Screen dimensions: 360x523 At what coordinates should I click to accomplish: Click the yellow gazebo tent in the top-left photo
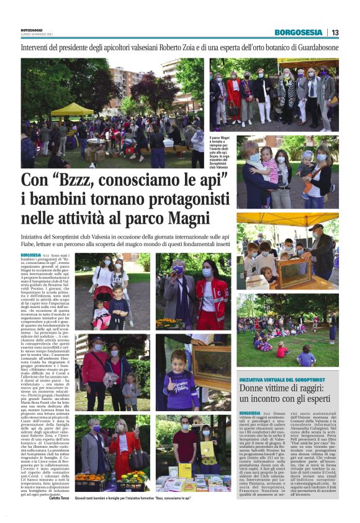click(x=72, y=109)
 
